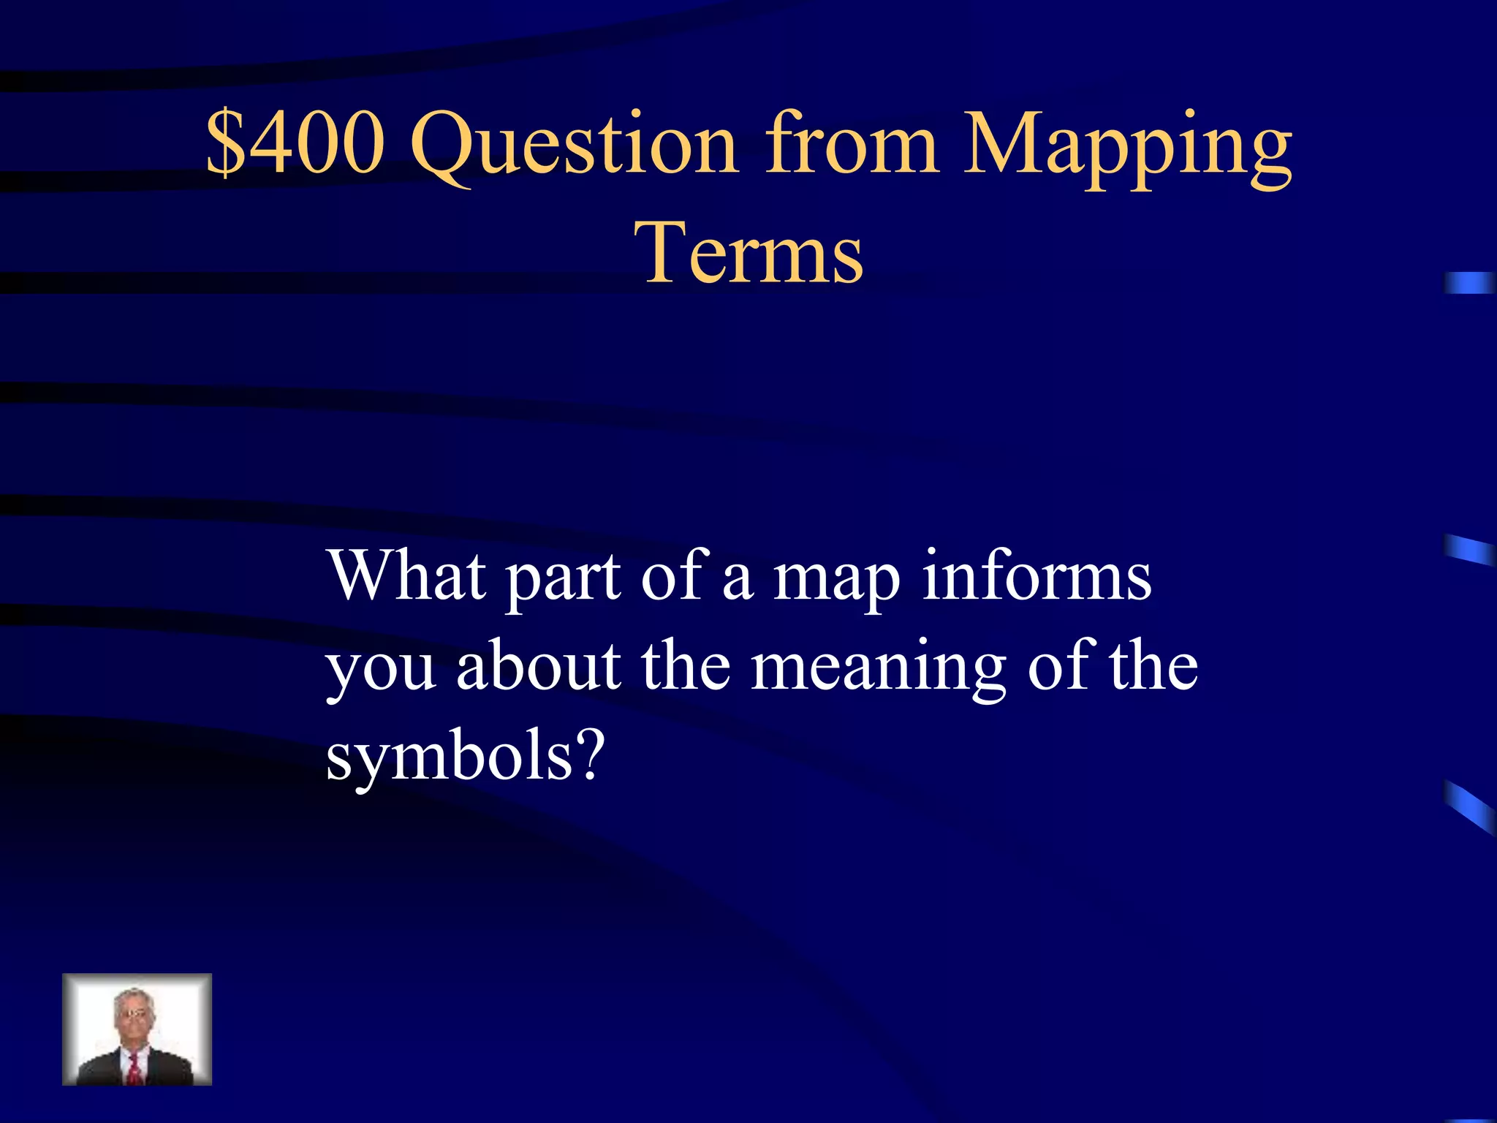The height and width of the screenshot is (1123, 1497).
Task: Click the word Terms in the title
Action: pos(753,253)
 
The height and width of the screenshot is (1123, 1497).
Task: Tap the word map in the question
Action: pos(836,581)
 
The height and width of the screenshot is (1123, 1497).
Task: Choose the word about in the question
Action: pos(539,665)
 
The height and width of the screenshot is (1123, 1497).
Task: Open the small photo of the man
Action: pos(137,1029)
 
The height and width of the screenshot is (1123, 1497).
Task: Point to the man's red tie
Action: pos(135,1068)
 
